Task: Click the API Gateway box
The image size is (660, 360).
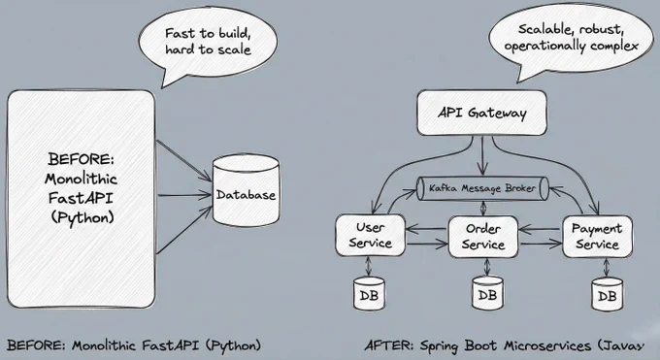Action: [482, 113]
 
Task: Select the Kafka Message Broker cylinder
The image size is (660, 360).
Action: [482, 188]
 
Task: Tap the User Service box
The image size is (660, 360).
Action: [371, 236]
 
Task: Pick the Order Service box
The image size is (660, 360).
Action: [483, 237]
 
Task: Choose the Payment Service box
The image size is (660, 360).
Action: [597, 236]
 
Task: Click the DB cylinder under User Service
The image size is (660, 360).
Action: [369, 293]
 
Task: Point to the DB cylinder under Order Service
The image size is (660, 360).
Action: [487, 293]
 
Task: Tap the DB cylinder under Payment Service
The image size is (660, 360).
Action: [607, 294]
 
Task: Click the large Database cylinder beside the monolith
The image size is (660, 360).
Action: [246, 190]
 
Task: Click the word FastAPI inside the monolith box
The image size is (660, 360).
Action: [81, 198]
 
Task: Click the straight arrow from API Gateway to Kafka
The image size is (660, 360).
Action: [482, 155]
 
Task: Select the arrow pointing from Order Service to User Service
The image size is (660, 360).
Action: [427, 229]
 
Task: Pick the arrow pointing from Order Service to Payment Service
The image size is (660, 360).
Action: [541, 243]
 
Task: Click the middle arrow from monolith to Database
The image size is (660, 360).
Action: [184, 195]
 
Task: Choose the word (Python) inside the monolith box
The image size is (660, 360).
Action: [82, 217]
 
